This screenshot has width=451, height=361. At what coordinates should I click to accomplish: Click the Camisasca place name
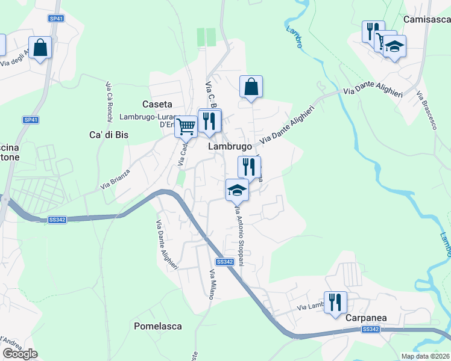tap(427, 20)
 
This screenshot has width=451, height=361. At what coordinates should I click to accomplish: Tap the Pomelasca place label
tap(157, 326)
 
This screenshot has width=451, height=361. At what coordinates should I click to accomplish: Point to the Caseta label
tap(157, 104)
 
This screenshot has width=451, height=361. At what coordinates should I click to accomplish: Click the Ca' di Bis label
tap(109, 135)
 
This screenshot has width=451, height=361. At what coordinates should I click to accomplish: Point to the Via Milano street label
tap(212, 285)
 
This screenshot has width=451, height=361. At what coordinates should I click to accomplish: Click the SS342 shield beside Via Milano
tap(224, 262)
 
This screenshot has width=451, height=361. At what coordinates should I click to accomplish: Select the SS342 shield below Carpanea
tap(370, 329)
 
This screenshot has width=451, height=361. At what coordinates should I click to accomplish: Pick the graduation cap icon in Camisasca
tap(394, 46)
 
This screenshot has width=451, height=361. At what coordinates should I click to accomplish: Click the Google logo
tap(20, 354)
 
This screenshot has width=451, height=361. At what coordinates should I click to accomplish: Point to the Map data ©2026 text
tap(425, 356)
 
